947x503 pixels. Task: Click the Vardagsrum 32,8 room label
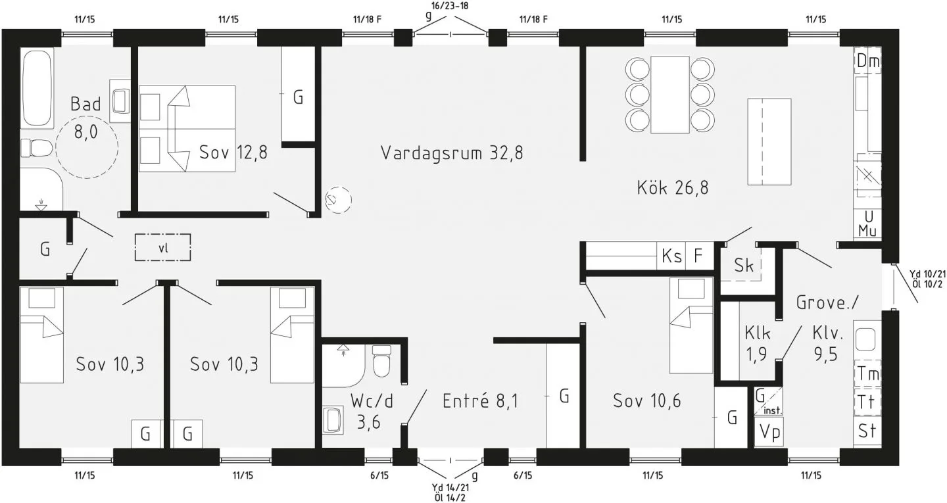pos(452,153)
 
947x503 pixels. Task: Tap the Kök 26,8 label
pos(672,188)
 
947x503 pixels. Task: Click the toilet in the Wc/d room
pos(381,362)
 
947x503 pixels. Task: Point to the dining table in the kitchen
pos(669,94)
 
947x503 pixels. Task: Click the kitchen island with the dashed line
pos(769,142)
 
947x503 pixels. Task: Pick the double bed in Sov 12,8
pos(187,128)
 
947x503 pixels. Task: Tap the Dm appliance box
pos(867,62)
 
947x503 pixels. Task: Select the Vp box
pos(769,431)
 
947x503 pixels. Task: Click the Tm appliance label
pos(867,373)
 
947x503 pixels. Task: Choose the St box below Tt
pos(867,431)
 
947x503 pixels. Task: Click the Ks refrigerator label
pos(671,256)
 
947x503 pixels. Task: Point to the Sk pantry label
pos(744,266)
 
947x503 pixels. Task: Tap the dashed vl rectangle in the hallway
pos(163,248)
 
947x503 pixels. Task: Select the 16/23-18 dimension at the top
pos(450,6)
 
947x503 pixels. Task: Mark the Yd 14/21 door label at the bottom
pos(450,487)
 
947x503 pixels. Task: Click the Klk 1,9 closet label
pos(757,343)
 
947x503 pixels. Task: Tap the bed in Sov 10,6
pos(691,325)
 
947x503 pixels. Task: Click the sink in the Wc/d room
pos(333,420)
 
